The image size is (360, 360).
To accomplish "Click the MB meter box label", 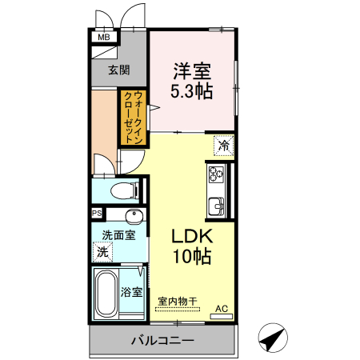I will (104, 37).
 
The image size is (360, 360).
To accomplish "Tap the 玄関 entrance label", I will (119, 70).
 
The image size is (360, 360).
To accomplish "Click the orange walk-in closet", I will (133, 118).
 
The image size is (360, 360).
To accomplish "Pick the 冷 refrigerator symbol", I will (224, 146).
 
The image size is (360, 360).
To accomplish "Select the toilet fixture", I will (121, 191).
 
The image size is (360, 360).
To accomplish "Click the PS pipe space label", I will (97, 214).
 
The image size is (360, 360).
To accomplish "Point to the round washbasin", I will (134, 217).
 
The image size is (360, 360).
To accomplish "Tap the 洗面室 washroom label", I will (118, 235).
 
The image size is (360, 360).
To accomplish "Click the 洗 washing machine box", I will (102, 252).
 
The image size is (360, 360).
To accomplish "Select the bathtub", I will (106, 292).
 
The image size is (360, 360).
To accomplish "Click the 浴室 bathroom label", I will (132, 292).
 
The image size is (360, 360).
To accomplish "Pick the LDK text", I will (190, 238).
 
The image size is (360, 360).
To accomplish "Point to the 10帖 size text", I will (190, 258).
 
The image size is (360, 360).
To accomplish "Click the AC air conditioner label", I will (222, 309).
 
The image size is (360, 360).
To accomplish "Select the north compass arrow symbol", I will (273, 338).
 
